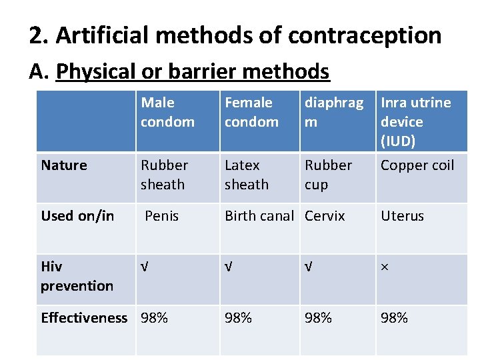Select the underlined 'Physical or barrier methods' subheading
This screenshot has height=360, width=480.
pyautogui.click(x=193, y=71)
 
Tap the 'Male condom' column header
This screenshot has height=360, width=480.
pyautogui.click(x=167, y=112)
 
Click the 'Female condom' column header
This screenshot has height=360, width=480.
pyautogui.click(x=251, y=112)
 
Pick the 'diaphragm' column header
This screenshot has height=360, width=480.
pyautogui.click(x=334, y=112)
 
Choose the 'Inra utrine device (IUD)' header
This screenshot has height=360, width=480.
pyautogui.click(x=415, y=121)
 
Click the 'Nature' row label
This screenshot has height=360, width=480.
pyautogui.click(x=64, y=165)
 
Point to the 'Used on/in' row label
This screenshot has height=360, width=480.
pyautogui.click(x=77, y=216)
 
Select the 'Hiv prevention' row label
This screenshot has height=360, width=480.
pyautogui.click(x=77, y=276)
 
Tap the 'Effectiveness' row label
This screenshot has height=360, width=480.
pyautogui.click(x=84, y=317)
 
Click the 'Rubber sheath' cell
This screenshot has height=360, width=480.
pyautogui.click(x=165, y=175)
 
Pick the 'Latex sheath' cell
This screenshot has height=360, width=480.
pyautogui.click(x=246, y=175)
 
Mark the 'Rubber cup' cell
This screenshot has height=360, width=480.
pyautogui.click(x=328, y=175)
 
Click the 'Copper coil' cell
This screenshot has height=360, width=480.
pyautogui.click(x=417, y=165)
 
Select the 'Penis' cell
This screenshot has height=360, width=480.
pyautogui.click(x=162, y=216)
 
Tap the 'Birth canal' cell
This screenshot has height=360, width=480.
pyautogui.click(x=259, y=216)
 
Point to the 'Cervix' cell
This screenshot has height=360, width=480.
pyautogui.click(x=325, y=216)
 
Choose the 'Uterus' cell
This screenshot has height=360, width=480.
pyautogui.click(x=402, y=216)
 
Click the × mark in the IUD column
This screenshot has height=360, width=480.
pyautogui.click(x=383, y=267)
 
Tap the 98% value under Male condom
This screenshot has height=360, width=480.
pyautogui.click(x=154, y=317)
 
